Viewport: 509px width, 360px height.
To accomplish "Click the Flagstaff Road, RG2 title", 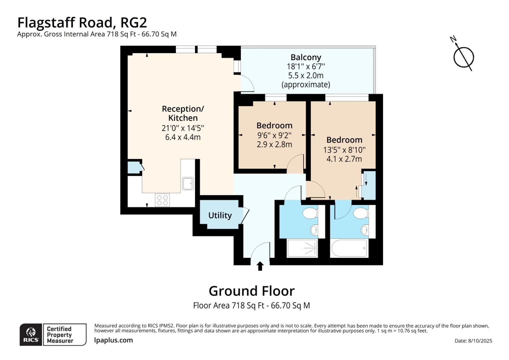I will click(82, 23).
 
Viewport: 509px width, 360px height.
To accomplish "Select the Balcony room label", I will click(305, 57).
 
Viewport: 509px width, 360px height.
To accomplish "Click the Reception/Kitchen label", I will click(183, 113).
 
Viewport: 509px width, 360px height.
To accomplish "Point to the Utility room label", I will click(220, 215).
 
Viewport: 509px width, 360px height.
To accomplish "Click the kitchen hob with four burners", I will click(162, 200).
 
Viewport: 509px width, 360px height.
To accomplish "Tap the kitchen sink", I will click(188, 183).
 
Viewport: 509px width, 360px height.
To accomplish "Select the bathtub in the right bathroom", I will click(349, 248).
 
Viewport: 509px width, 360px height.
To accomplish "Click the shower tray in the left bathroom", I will click(302, 248).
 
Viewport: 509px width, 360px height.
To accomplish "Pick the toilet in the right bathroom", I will click(360, 213).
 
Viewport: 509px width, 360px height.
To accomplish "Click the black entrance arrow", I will click(260, 266).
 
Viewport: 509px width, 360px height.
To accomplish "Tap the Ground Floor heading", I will click(252, 291).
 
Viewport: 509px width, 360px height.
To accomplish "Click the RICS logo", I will click(31, 334).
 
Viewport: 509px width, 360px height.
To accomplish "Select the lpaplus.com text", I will click(113, 340).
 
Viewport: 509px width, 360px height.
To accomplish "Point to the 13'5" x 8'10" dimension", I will click(344, 150).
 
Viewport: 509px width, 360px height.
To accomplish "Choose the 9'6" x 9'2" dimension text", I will click(274, 135).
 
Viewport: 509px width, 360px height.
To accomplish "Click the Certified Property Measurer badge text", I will click(60, 335).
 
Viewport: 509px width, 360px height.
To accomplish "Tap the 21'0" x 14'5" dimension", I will click(183, 128).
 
